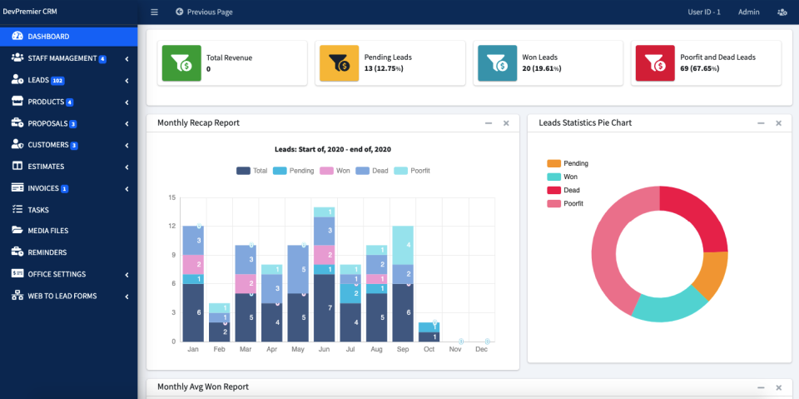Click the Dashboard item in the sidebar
(x=47, y=37)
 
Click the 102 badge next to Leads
(x=57, y=81)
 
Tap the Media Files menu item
(x=47, y=231)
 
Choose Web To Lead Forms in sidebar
(x=62, y=296)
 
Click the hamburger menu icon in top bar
(x=154, y=12)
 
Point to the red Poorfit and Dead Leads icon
(x=654, y=63)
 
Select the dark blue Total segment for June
(x=324, y=307)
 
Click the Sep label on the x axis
(x=403, y=350)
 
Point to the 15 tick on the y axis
(x=171, y=198)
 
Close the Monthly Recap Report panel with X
(x=506, y=123)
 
